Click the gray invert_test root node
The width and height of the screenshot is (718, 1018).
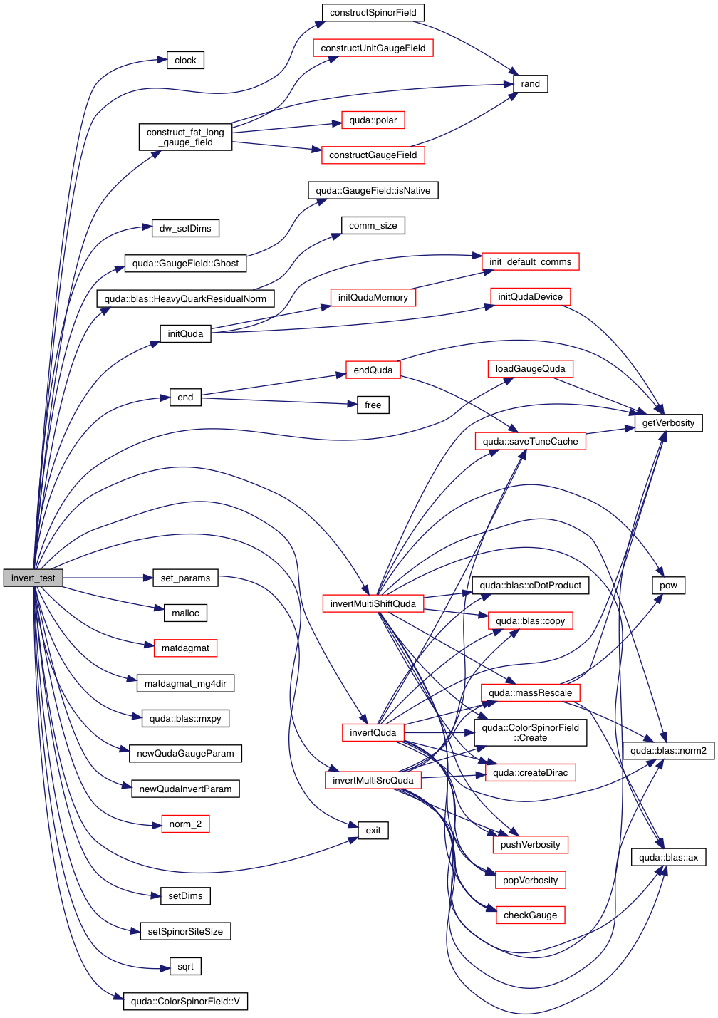point(33,578)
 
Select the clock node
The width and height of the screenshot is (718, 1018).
point(185,61)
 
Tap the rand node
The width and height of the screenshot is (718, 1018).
point(530,84)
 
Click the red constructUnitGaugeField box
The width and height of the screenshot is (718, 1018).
point(373,48)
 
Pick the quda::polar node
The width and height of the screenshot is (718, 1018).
point(373,120)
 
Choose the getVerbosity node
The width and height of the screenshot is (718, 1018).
point(668,423)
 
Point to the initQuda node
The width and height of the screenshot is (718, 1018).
point(185,333)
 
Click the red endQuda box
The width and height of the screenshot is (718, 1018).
point(373,370)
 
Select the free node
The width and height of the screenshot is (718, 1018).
point(373,405)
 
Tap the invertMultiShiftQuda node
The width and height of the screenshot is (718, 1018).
point(373,603)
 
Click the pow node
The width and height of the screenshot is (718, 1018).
point(668,586)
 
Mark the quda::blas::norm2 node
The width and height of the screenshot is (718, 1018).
point(668,750)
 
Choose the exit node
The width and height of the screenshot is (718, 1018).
point(373,830)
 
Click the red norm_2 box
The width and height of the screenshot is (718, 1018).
point(185,824)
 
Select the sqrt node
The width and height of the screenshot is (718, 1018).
point(185,966)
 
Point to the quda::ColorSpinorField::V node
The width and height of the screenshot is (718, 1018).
point(185,1002)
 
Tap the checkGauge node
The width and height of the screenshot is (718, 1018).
point(530,915)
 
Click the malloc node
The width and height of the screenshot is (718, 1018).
point(185,613)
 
